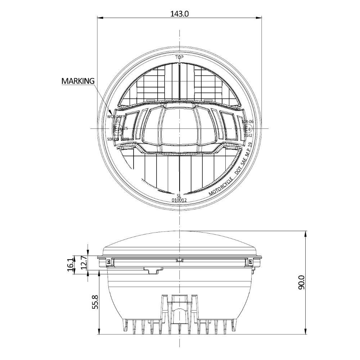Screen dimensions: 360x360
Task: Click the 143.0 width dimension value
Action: click(x=179, y=14)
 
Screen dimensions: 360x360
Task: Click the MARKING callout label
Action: click(x=77, y=81)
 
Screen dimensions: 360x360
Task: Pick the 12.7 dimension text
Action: click(x=83, y=263)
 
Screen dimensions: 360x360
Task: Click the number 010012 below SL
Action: click(x=179, y=200)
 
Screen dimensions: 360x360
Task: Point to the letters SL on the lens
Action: click(x=179, y=195)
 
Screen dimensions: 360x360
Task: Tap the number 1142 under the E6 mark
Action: click(x=248, y=135)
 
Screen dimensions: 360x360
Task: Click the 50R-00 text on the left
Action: click(x=113, y=139)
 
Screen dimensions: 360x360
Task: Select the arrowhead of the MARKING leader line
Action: click(x=111, y=112)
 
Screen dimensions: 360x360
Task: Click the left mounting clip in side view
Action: click(x=107, y=262)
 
